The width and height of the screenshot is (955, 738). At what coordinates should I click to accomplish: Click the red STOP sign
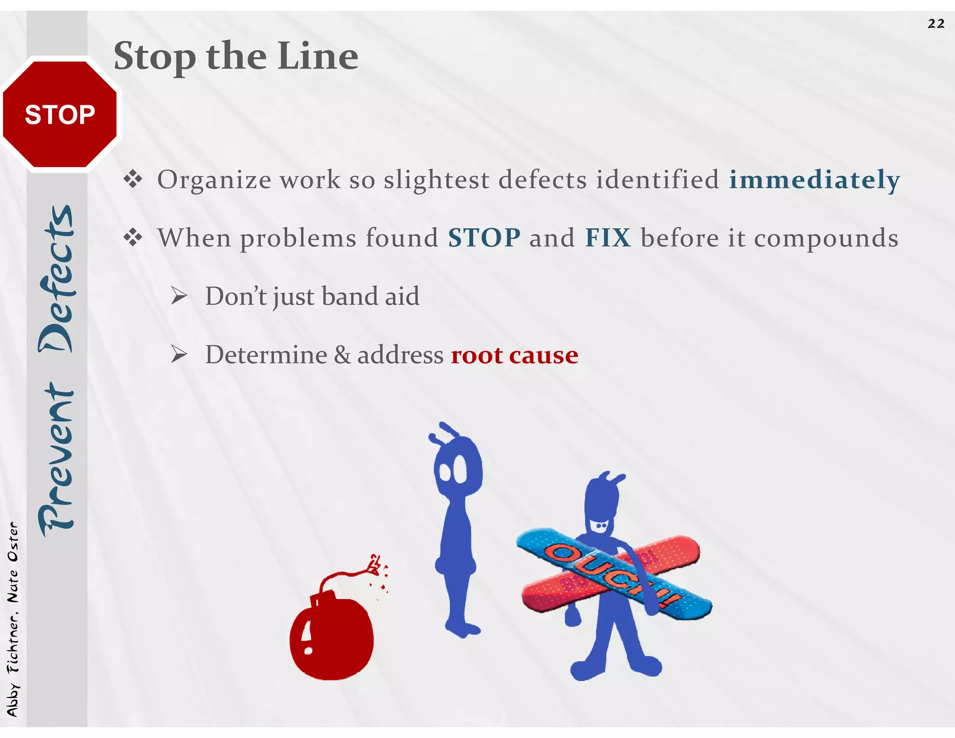click(x=60, y=114)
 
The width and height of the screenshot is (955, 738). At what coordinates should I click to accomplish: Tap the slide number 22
click(x=936, y=24)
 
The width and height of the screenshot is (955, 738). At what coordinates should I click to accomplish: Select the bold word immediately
click(x=814, y=180)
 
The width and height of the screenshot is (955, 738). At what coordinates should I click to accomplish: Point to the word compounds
click(x=826, y=238)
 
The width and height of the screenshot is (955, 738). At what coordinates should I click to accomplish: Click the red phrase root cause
click(x=514, y=355)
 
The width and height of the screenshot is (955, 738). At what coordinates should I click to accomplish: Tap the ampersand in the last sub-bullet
click(x=342, y=355)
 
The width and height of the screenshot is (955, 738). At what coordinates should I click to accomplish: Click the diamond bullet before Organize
click(x=133, y=179)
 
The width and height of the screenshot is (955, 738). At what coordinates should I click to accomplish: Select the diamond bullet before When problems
click(x=133, y=237)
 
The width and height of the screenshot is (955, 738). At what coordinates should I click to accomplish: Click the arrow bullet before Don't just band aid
click(x=179, y=296)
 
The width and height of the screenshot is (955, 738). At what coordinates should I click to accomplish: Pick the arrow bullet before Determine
click(x=179, y=355)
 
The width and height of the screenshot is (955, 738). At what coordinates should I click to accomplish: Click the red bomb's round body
click(x=332, y=639)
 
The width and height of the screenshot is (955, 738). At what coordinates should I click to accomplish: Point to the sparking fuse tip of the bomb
click(x=376, y=564)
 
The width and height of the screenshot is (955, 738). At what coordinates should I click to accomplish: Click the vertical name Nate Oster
click(x=13, y=562)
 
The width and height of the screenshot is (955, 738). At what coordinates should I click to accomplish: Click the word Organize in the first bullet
click(x=214, y=180)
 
